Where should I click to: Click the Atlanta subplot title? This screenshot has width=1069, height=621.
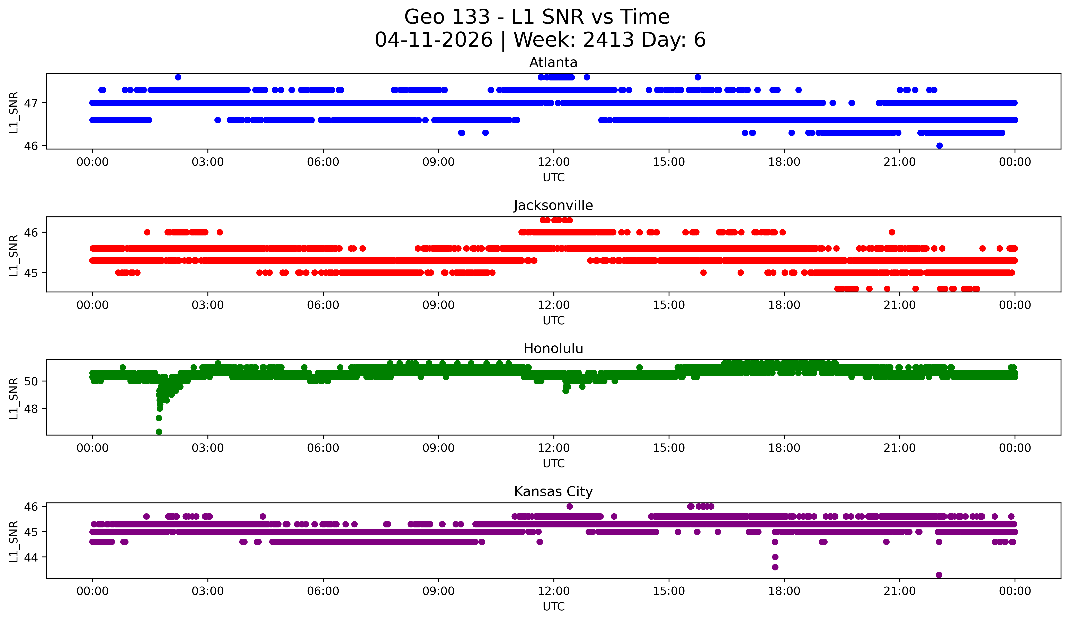pos(553,62)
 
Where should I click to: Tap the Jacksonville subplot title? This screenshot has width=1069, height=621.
pos(553,205)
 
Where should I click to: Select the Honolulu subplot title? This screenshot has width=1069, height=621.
pos(553,348)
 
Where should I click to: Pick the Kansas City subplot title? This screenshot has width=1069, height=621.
pos(553,492)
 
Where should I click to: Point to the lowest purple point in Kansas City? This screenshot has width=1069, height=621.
pos(939,575)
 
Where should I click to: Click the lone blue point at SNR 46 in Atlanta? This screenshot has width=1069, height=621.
pos(939,146)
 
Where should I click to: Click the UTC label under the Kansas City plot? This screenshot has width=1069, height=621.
pos(553,607)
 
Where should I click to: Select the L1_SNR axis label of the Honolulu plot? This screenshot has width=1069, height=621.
pos(14,398)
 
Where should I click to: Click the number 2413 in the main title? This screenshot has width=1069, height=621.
pos(609,40)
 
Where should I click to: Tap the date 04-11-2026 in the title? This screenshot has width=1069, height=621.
pos(434,40)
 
